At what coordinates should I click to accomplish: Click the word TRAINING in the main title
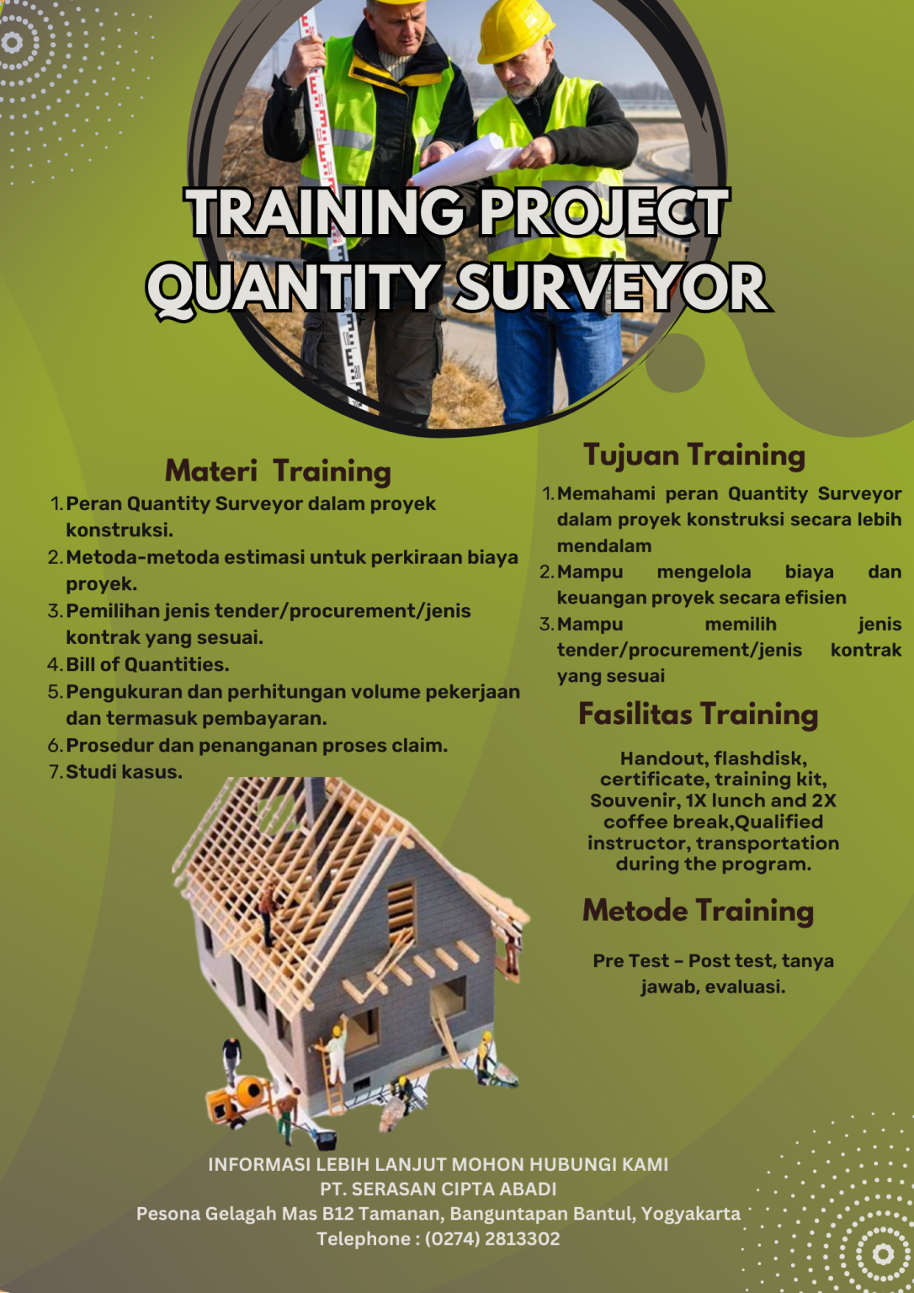click(x=324, y=211)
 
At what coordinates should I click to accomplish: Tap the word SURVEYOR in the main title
click(x=612, y=288)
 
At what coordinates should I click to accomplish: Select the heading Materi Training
click(x=278, y=471)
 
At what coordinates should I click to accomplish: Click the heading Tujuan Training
click(x=694, y=455)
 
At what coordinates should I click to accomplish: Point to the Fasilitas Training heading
click(x=698, y=714)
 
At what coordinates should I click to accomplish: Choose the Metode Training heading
click(x=698, y=910)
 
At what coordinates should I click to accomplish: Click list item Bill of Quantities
click(x=147, y=664)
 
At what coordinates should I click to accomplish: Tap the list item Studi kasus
click(x=124, y=772)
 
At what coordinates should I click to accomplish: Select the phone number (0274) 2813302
click(x=492, y=1238)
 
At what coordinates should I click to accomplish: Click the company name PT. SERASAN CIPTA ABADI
click(x=438, y=1189)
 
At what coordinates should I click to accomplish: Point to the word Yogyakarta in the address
click(x=691, y=1213)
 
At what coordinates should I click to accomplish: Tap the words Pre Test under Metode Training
click(x=630, y=960)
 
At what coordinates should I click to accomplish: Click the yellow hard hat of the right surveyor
click(x=514, y=29)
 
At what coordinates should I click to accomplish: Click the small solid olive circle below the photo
click(x=675, y=363)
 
